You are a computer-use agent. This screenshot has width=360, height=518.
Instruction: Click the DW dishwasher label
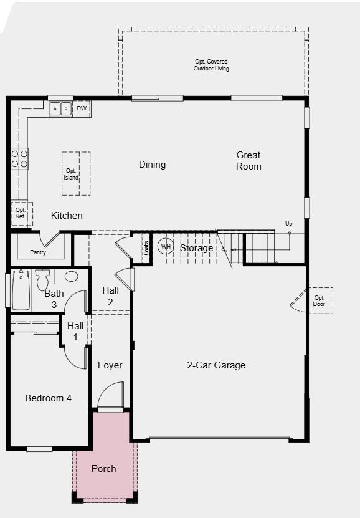click(x=82, y=108)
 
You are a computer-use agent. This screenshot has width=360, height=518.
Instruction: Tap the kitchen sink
click(x=60, y=108)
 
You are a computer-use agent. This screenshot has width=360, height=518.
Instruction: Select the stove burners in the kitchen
click(x=19, y=159)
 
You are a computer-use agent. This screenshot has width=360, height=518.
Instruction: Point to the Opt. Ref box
click(x=21, y=213)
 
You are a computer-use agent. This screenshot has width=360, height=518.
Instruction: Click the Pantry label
click(x=38, y=252)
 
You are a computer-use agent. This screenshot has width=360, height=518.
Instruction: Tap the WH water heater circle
click(x=166, y=247)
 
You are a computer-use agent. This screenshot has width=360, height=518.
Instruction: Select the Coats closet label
click(x=146, y=248)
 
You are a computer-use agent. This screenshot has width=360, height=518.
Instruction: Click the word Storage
click(x=196, y=248)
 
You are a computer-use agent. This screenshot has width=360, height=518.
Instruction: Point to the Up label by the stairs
click(x=288, y=224)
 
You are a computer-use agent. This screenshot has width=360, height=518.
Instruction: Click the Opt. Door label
click(x=320, y=301)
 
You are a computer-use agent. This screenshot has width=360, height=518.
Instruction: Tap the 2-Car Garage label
click(x=216, y=365)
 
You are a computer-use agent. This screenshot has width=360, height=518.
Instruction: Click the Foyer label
click(x=110, y=365)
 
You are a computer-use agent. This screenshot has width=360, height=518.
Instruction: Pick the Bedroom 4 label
click(x=48, y=398)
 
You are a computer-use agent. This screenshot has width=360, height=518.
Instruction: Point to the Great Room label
click(x=249, y=160)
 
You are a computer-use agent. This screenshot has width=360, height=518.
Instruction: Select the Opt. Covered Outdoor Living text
click(x=211, y=65)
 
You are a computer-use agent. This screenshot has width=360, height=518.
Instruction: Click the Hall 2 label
click(x=111, y=296)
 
